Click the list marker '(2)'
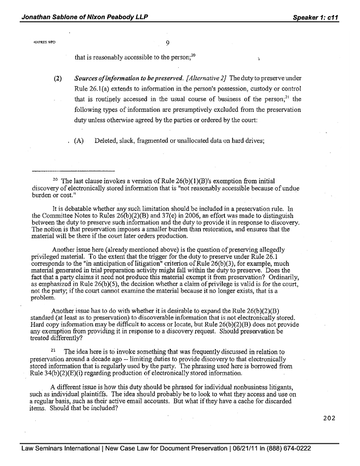(58, 78)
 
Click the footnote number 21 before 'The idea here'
(53, 351)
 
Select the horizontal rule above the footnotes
(73, 171)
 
